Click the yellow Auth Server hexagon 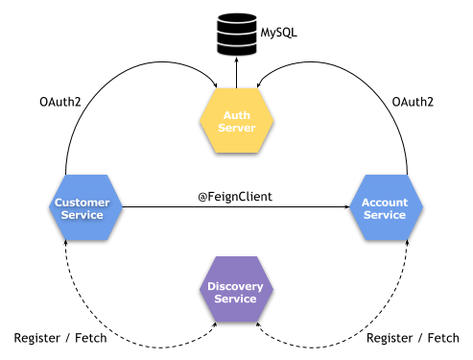click(236, 121)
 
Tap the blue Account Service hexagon click(384, 208)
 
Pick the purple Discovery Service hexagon click(236, 292)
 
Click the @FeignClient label click(235, 196)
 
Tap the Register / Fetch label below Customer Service click(59, 339)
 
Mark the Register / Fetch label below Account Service click(414, 339)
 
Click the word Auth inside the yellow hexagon click(236, 115)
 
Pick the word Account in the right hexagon click(384, 202)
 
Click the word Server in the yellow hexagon click(236, 128)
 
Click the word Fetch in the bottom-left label click(88, 339)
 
